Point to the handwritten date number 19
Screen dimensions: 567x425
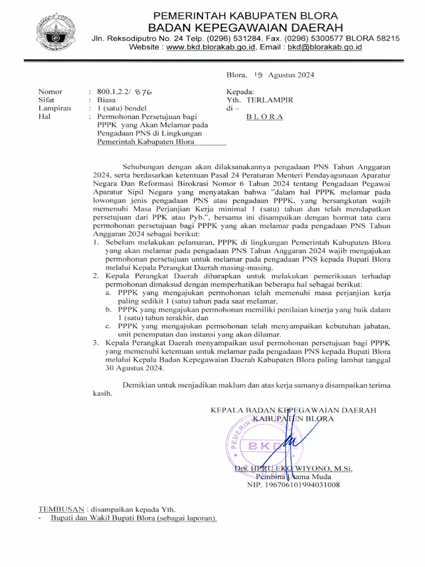[x=258, y=75]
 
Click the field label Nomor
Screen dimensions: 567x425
[x=50, y=91]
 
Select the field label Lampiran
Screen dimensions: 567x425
[x=54, y=109]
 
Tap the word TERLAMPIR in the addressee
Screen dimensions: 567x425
[x=270, y=100]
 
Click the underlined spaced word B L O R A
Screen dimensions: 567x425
[x=265, y=117]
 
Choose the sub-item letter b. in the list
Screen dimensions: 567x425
[x=108, y=309]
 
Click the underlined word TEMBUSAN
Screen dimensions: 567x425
[x=61, y=509]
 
